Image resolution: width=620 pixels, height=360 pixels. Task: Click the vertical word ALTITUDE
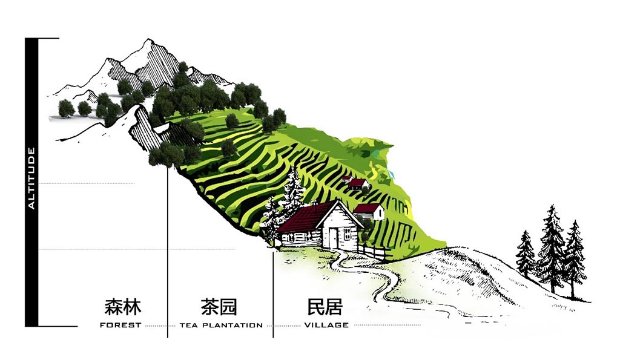31,178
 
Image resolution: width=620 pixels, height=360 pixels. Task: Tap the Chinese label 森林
123,307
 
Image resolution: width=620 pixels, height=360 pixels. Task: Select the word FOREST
120,326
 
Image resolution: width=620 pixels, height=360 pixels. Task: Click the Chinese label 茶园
219,307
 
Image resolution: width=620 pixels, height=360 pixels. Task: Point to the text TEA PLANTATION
221,326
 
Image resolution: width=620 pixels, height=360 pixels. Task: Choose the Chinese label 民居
325,307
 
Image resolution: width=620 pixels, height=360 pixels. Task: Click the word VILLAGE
326,326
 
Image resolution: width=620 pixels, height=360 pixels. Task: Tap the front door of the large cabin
334,237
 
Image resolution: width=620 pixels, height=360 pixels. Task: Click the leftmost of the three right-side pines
526,254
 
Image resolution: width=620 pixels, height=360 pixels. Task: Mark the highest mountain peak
149,40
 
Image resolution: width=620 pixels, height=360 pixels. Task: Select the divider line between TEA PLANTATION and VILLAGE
273,295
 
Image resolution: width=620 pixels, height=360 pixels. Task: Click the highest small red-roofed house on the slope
347,178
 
